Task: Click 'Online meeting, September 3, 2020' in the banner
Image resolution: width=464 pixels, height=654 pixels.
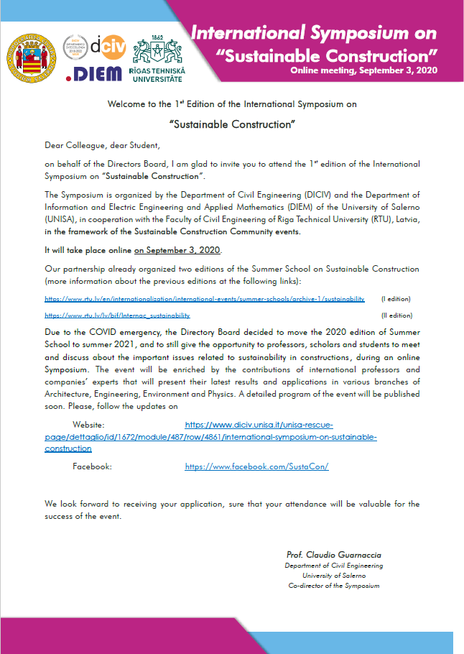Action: point(363,70)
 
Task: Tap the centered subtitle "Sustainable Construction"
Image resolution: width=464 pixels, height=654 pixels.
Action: point(232,124)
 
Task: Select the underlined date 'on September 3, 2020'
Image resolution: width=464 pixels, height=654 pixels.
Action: point(178,250)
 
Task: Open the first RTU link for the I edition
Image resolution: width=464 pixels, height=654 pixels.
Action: point(205,298)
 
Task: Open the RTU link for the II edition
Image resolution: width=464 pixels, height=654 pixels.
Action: point(117,315)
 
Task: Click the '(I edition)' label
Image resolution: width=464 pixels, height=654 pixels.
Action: point(396,298)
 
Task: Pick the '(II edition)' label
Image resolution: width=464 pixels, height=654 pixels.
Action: point(396,315)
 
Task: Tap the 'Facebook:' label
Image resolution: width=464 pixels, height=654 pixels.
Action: point(92,466)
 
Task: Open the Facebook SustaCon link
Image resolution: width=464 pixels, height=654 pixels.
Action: point(256,466)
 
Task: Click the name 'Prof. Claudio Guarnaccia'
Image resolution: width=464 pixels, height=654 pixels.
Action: point(334,555)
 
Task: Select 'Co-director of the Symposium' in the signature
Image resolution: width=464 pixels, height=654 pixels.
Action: point(334,586)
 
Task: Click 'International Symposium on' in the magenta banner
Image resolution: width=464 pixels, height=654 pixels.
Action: point(314,33)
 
